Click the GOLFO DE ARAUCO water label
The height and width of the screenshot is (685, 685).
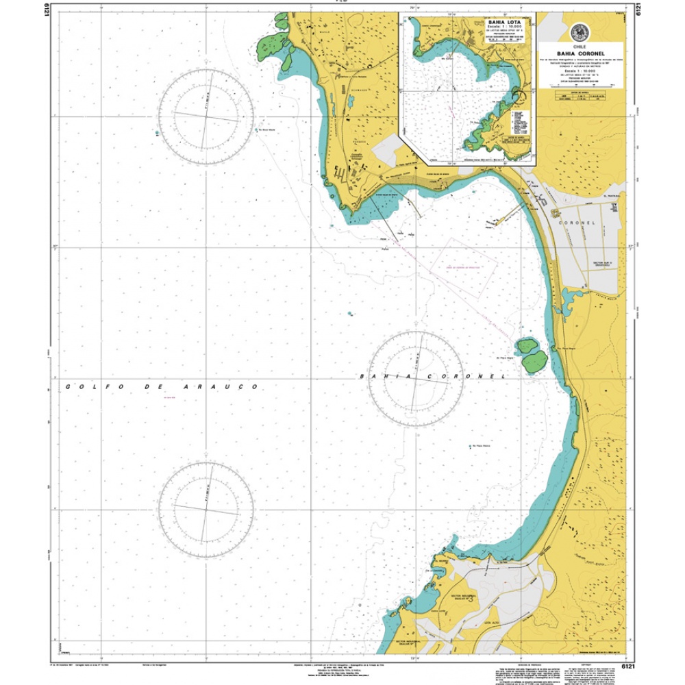[162, 387]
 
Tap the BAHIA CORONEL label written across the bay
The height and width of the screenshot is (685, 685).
[432, 377]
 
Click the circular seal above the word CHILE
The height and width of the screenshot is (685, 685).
[580, 32]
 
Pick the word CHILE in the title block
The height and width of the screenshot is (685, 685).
[580, 45]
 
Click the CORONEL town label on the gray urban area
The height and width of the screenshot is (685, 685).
[580, 224]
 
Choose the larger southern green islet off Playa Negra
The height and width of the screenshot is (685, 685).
[534, 361]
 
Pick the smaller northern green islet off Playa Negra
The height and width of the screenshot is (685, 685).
[526, 345]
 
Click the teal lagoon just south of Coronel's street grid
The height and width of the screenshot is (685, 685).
[570, 297]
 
